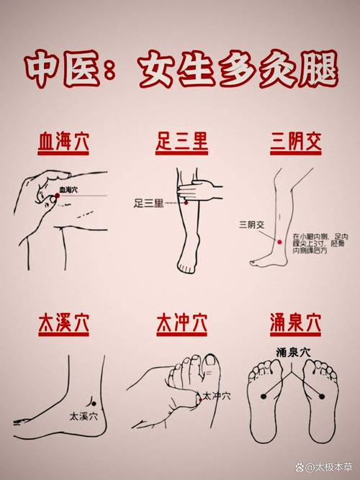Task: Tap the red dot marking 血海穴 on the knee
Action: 57,196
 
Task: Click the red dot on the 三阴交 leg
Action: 276,243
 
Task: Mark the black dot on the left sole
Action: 262,394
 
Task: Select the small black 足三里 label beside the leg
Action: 148,204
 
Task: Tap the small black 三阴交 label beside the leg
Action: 253,225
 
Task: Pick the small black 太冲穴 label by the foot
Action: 216,396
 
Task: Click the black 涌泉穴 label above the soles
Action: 293,353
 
